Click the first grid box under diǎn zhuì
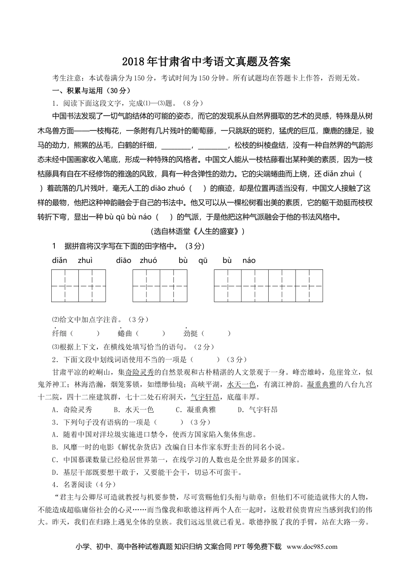(65, 286)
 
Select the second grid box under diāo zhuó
(173, 286)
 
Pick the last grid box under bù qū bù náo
(309, 286)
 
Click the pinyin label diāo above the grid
(124, 261)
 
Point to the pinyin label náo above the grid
(249, 261)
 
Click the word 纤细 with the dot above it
(59, 333)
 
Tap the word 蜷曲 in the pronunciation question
(125, 333)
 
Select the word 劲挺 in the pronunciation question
(190, 333)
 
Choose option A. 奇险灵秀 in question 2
(72, 410)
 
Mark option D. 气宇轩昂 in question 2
(258, 410)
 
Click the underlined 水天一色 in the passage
(241, 384)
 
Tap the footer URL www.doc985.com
(312, 547)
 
